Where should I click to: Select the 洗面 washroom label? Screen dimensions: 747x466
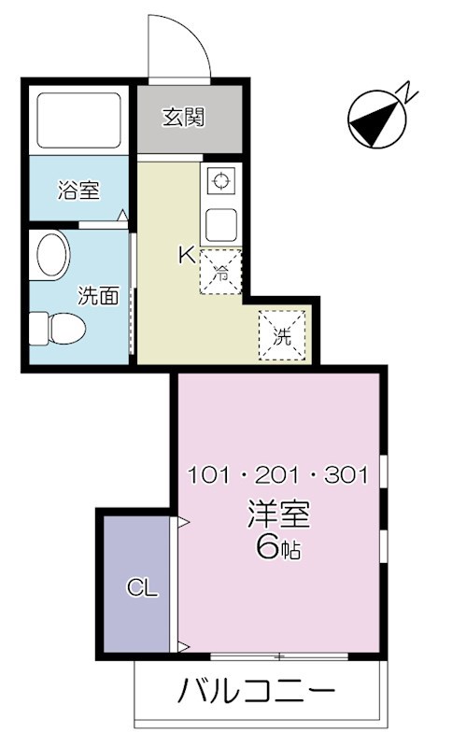coord(97,297)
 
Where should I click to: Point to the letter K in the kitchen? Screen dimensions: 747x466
coord(186,254)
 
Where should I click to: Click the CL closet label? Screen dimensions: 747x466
coord(142,588)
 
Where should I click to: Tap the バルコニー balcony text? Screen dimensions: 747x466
coord(256,694)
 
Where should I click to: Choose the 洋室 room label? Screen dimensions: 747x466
coord(278,514)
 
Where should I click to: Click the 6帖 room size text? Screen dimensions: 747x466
coord(278,548)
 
